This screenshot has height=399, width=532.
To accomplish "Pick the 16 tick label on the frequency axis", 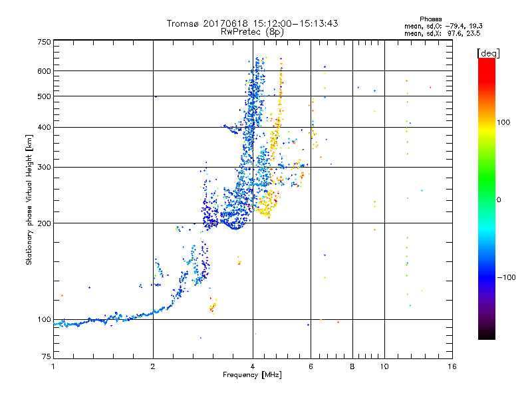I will [452, 366].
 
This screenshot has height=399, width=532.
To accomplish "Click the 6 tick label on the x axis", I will [311, 366].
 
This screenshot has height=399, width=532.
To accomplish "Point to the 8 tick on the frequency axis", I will [352, 366].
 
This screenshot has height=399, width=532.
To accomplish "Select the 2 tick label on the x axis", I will [153, 366].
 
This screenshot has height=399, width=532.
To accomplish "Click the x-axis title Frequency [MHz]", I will [252, 375].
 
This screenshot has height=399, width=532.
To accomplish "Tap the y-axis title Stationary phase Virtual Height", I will [29, 199].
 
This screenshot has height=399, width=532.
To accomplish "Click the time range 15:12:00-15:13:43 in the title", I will [289, 23].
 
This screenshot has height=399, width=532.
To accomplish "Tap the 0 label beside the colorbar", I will [500, 200].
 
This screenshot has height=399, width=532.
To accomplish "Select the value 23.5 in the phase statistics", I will [472, 33].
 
